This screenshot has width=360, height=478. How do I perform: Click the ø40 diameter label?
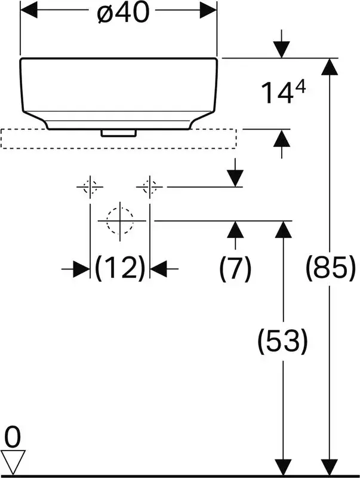tap(124, 13)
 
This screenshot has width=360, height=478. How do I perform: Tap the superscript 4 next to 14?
tap(301, 88)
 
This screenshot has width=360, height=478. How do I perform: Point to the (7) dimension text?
tap(235, 268)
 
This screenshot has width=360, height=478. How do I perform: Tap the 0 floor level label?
tap(13, 437)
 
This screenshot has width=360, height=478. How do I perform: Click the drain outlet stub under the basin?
tap(119, 133)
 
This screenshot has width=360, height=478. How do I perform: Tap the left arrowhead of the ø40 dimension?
tap(28, 10)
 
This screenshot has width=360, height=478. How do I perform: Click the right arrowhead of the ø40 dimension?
tap(208, 10)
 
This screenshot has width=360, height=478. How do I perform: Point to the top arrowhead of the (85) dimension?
tap(330, 66)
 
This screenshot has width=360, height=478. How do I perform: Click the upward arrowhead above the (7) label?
tap(235, 229)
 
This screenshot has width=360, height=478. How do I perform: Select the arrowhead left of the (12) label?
tap(81, 269)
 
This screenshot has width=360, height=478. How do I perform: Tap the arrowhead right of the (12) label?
tap(158, 269)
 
